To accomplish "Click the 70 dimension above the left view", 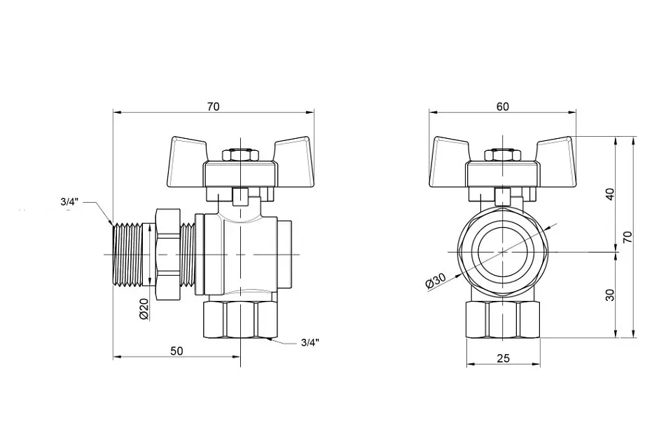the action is coord(213,106).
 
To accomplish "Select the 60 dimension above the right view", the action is coord(502,106).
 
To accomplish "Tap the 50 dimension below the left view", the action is coord(176,351).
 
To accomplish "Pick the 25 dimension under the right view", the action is coord(503,358).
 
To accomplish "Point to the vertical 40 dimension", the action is coord(610,194).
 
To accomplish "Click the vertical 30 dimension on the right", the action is coord(610,295).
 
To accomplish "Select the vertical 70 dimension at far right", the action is coord(627,237).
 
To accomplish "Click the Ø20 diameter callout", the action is coord(144,309).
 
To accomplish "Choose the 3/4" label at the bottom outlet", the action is coord(310,343).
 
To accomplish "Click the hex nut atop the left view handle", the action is coord(240,155).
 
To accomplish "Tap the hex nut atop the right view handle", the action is coord(502,155).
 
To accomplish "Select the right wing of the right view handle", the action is coord(555,161).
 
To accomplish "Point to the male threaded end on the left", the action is coord(127,255).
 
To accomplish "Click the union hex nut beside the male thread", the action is coord(168,254).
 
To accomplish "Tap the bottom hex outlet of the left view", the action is coord(240,320).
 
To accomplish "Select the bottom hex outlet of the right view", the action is coord(503,320).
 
